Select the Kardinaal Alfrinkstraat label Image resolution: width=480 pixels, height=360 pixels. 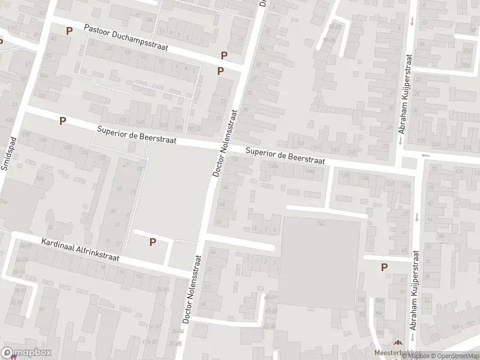pyautogui.click(x=80, y=250)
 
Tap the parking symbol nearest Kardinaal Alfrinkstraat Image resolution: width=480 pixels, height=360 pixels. pyautogui.click(x=152, y=242)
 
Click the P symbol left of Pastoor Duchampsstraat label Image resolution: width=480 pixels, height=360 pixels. pyautogui.click(x=69, y=31)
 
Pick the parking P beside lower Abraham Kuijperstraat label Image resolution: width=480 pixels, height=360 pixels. pyautogui.click(x=384, y=268)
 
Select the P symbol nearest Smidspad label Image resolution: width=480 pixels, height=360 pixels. pyautogui.click(x=62, y=121)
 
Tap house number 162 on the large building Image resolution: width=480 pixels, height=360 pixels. pyautogui.click(x=321, y=223)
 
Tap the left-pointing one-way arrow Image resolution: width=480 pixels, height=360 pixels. pyautogui.click(x=427, y=155)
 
